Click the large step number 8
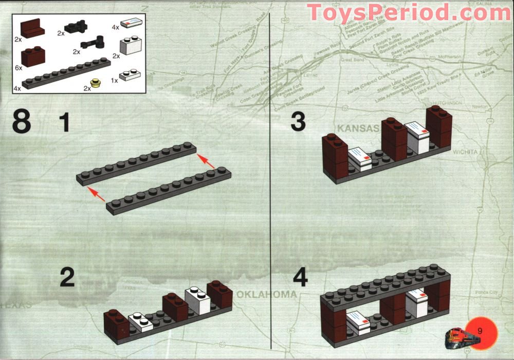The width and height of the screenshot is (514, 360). click(x=22, y=122)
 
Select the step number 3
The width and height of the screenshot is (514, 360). click(x=298, y=122)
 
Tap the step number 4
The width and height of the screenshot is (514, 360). click(x=300, y=277)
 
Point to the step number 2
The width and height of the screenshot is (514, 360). click(x=67, y=277)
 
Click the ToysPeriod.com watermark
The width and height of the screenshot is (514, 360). click(x=409, y=12)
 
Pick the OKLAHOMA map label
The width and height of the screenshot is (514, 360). click(x=267, y=294)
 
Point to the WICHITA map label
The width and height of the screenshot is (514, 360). click(x=466, y=151)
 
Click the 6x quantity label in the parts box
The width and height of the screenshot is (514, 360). click(x=19, y=68)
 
